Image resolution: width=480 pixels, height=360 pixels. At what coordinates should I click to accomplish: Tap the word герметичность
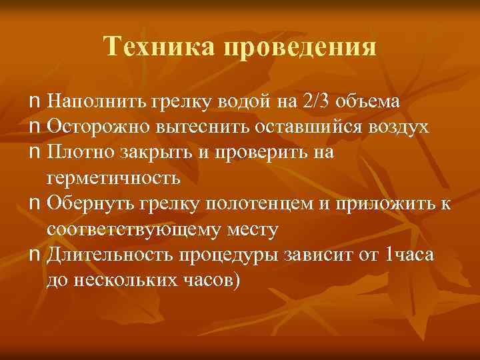[x=113, y=178]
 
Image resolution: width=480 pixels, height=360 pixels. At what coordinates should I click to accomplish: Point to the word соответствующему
[x=127, y=229]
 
